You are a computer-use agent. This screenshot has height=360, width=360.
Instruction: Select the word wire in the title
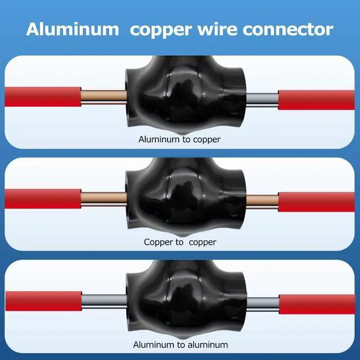coord(216,29)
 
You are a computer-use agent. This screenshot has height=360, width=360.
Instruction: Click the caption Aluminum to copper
coord(179,139)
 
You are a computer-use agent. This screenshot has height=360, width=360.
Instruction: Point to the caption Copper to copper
coord(179,242)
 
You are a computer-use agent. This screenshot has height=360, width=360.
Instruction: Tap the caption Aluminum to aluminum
coord(179,344)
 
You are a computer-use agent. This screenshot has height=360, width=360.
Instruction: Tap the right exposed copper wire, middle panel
coord(262,201)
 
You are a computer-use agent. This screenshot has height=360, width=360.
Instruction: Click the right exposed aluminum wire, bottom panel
coord(262,304)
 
